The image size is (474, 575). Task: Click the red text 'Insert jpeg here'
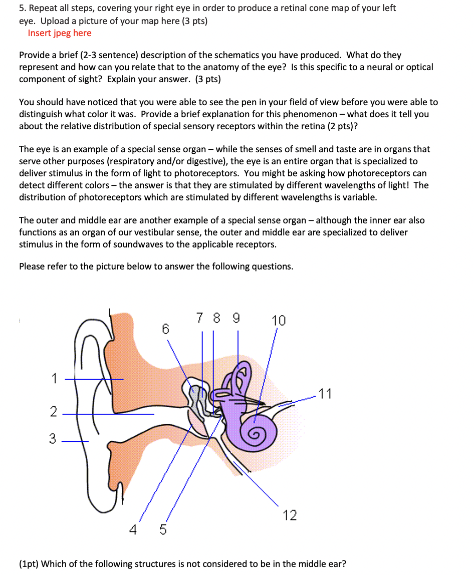(x=60, y=33)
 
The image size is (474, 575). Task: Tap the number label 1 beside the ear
(x=54, y=379)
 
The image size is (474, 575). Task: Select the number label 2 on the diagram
(x=53, y=412)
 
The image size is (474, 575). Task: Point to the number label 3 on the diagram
(x=53, y=439)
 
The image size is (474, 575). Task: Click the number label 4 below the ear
(x=133, y=529)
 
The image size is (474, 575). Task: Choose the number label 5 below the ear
(x=163, y=529)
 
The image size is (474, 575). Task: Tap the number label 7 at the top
(x=200, y=318)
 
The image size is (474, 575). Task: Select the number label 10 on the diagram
(x=279, y=321)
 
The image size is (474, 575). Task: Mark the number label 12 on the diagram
(x=290, y=515)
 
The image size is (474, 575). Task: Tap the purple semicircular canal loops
(x=240, y=378)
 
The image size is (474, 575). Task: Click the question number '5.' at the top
(x=23, y=8)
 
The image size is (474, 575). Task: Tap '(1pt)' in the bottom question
(x=29, y=564)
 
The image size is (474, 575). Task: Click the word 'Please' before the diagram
(x=32, y=266)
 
